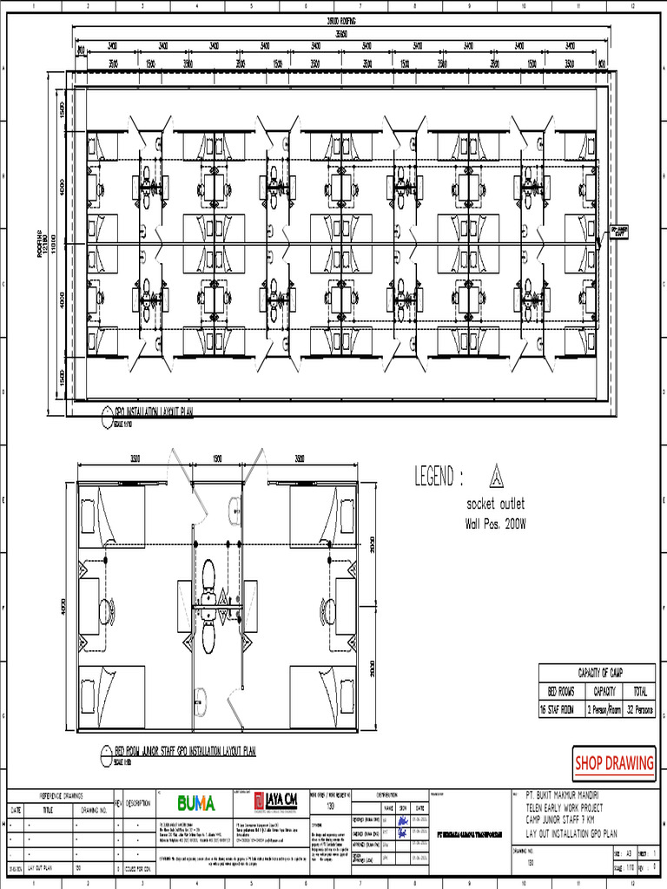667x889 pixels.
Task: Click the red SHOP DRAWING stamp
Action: tap(614, 763)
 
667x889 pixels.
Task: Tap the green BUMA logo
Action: tap(196, 803)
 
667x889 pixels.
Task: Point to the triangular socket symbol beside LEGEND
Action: tap(496, 475)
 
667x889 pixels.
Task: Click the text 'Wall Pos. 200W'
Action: tap(496, 524)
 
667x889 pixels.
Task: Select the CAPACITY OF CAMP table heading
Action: tap(597, 673)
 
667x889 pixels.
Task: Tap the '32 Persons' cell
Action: tap(639, 709)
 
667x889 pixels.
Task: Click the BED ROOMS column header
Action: tap(561, 692)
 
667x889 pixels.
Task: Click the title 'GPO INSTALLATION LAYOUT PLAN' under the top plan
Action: tap(154, 412)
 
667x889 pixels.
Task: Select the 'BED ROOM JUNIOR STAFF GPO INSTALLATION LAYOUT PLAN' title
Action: tap(185, 750)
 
